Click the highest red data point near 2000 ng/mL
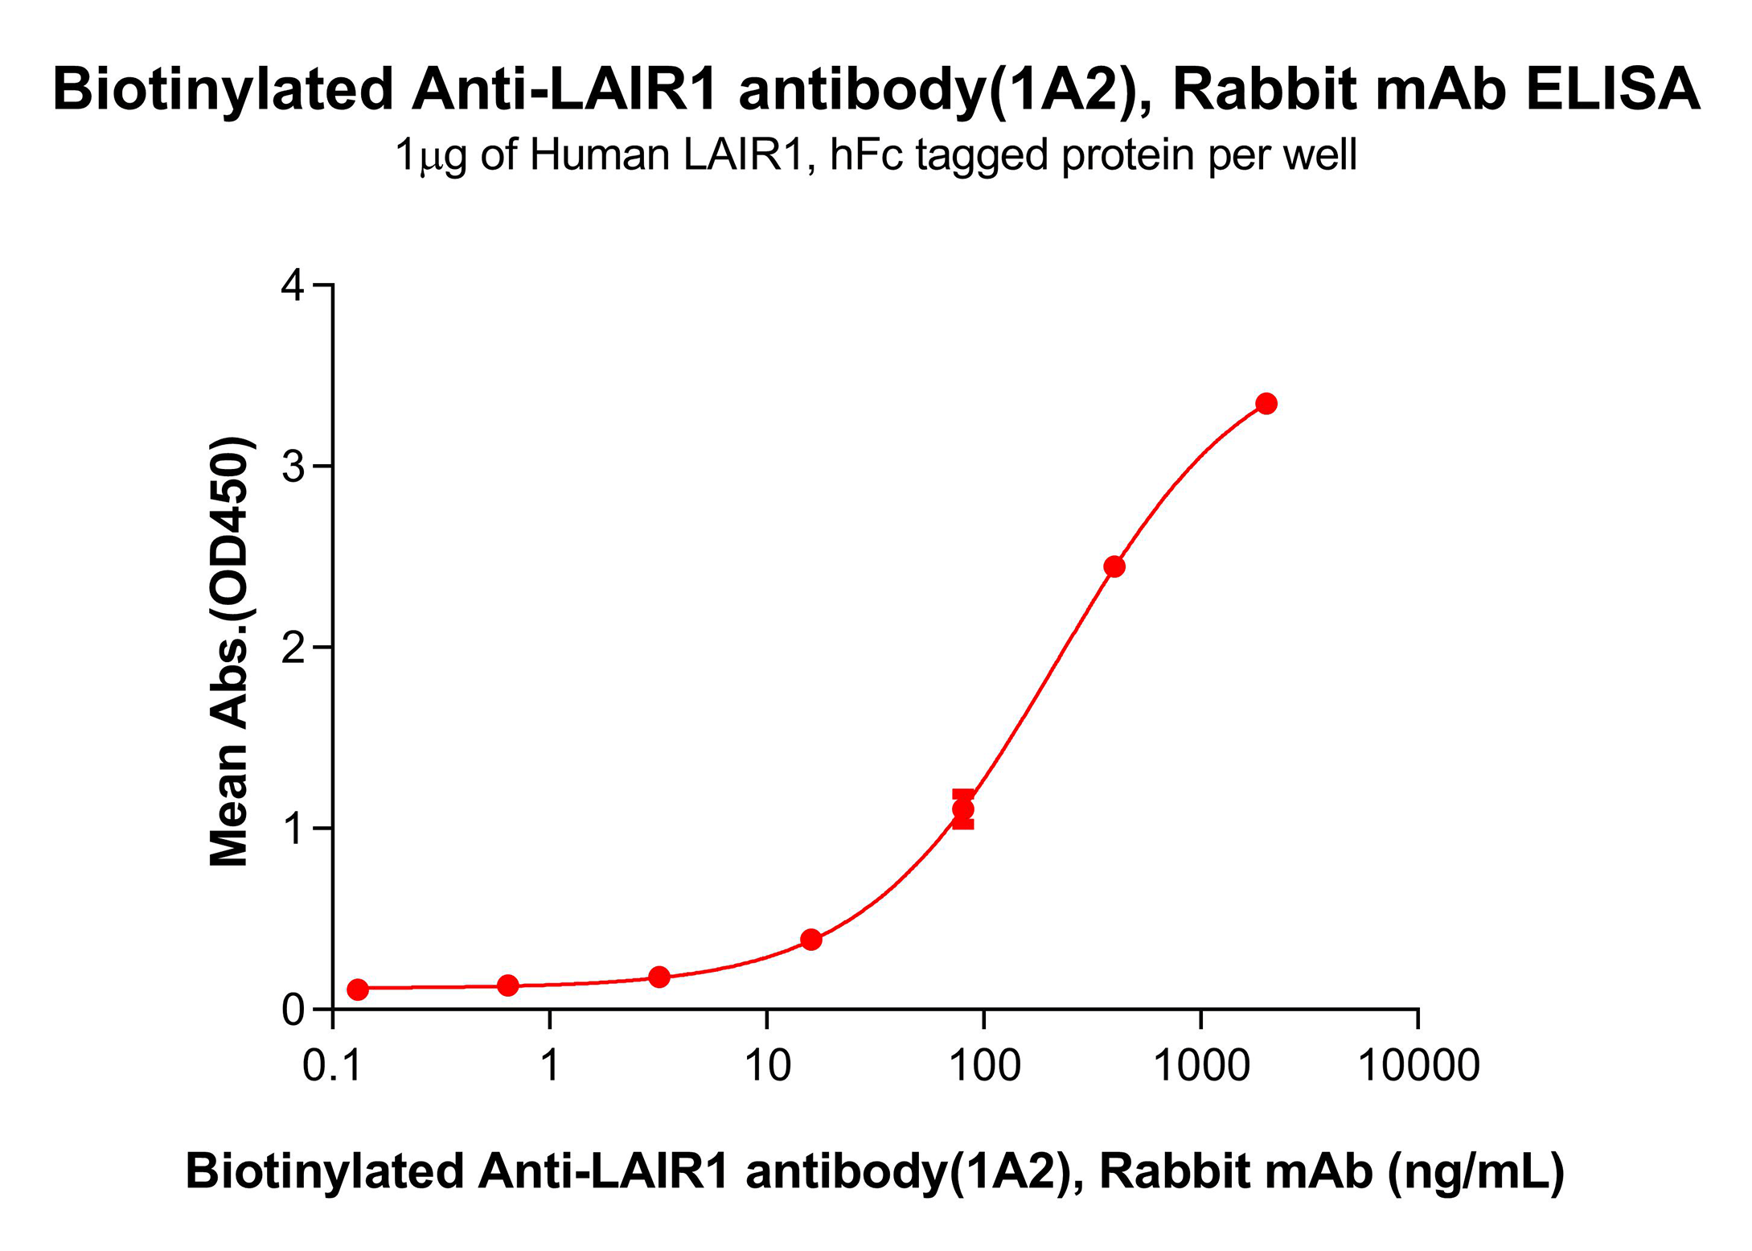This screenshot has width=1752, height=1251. (1266, 404)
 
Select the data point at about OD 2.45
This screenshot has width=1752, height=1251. (1114, 566)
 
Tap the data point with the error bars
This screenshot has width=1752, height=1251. (963, 809)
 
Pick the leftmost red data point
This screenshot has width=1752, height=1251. (358, 990)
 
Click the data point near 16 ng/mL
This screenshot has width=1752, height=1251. (811, 940)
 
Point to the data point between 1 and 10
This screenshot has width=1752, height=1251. (659, 977)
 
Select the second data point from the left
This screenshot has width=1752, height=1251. (508, 985)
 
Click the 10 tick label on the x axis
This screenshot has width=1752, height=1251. (768, 1067)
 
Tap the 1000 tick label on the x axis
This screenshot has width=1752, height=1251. (1201, 1067)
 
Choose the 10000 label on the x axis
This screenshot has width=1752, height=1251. (1418, 1067)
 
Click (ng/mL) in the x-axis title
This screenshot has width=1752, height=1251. (1476, 1171)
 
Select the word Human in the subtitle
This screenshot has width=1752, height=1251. (600, 155)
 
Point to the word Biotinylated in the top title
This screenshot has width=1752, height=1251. (223, 88)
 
